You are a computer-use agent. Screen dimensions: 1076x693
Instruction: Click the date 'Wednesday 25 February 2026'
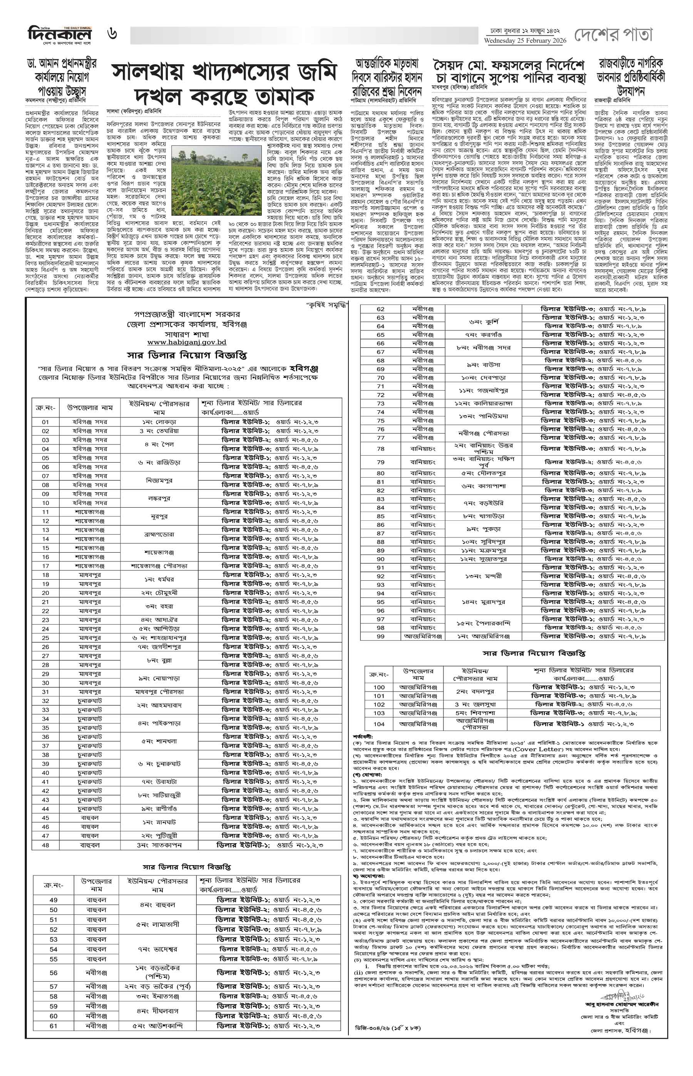coord(525,41)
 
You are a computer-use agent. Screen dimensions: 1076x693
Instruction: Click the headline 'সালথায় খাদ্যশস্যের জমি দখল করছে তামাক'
coord(224,84)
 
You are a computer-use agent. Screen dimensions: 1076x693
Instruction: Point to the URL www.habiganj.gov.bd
coord(187,343)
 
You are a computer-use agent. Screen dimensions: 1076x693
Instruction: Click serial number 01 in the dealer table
coord(45,422)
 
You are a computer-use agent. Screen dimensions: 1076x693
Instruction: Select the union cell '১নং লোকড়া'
coord(159,422)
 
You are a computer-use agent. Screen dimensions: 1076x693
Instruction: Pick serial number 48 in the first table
coord(45,845)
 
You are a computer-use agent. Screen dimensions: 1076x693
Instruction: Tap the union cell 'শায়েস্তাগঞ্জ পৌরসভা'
coord(159,566)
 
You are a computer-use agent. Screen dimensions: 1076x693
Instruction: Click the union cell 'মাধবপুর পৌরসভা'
coord(159,692)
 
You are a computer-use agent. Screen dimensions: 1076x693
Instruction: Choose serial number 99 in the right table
coord(380,636)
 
